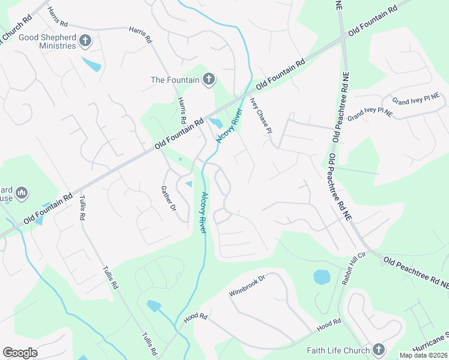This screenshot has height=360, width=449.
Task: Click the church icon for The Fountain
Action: click(209, 79)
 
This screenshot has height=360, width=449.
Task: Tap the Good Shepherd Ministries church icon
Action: click(86, 41)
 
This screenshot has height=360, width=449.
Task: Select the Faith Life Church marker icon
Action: click(378, 349)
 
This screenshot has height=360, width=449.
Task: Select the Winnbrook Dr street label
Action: click(247, 286)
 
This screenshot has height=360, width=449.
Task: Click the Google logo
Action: click(20, 353)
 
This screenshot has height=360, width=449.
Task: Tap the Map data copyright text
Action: click(423, 355)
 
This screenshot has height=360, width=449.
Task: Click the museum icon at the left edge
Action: click(22, 192)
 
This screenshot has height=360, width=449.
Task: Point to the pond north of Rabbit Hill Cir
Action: click(322, 277)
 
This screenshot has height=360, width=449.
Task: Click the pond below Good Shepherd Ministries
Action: click(92, 64)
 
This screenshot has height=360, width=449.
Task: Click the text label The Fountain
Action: click(175, 79)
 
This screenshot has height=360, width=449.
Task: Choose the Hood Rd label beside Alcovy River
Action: click(195, 318)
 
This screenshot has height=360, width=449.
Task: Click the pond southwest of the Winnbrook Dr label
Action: click(154, 306)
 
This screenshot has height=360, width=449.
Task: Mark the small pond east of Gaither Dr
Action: click(188, 184)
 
